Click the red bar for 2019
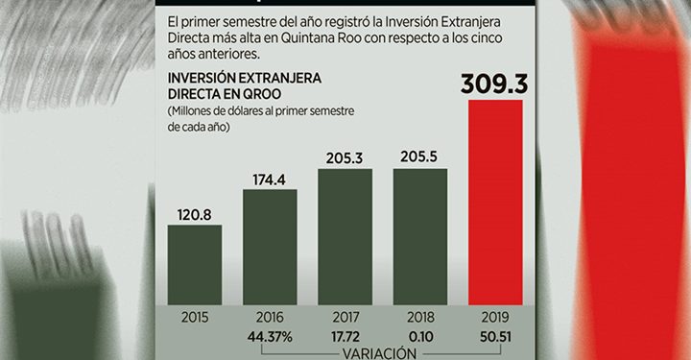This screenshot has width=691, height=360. [495, 202]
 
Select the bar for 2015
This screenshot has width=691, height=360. [195, 264]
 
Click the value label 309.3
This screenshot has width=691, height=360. [494, 84]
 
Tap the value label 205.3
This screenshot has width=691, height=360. [345, 158]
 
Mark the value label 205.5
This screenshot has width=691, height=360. [420, 156]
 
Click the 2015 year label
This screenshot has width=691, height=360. [195, 316]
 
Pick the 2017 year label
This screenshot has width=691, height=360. [345, 316]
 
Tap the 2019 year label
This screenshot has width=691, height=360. [495, 316]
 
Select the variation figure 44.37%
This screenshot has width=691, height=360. [270, 335]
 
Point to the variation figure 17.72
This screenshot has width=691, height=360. [345, 335]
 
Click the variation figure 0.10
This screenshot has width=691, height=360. [420, 335]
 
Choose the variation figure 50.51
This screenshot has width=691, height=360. [495, 335]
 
